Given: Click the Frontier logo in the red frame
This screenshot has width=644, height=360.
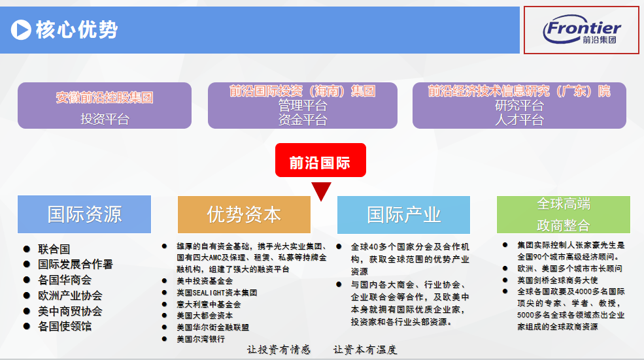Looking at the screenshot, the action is tap(582, 29).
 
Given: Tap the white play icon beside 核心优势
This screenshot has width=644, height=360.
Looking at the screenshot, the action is tap(21, 30).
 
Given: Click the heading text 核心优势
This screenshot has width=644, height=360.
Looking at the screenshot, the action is tap(76, 29).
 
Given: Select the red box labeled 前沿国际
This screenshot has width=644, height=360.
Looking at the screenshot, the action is tap(320, 160).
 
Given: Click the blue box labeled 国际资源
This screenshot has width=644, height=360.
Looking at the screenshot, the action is tap(84, 214).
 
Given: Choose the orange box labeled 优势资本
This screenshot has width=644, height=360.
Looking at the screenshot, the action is tap(244, 215).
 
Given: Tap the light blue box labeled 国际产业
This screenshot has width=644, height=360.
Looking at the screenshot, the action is tap(403, 215).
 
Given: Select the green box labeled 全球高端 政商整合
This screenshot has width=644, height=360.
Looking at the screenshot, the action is tap(564, 215).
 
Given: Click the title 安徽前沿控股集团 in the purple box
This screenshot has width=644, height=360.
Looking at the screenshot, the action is tap(105, 98).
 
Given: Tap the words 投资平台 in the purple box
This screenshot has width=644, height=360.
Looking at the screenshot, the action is tap(105, 119).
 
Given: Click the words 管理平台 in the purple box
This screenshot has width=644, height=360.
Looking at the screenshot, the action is tap(303, 105).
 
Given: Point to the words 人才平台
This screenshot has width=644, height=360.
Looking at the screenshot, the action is tap(519, 120).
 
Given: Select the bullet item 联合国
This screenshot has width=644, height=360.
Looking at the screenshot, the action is tap(54, 249).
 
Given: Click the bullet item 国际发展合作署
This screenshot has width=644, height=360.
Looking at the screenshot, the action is tap(75, 265).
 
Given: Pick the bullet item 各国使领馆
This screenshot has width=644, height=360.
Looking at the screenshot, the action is tap(65, 326).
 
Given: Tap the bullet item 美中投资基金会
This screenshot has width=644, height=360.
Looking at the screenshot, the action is tap(205, 281).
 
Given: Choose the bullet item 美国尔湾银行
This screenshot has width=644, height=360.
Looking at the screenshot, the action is tap(201, 339).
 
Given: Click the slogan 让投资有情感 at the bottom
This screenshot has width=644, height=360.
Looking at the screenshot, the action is tap(279, 350).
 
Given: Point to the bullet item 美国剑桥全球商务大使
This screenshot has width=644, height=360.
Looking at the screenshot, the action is tap(557, 280).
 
